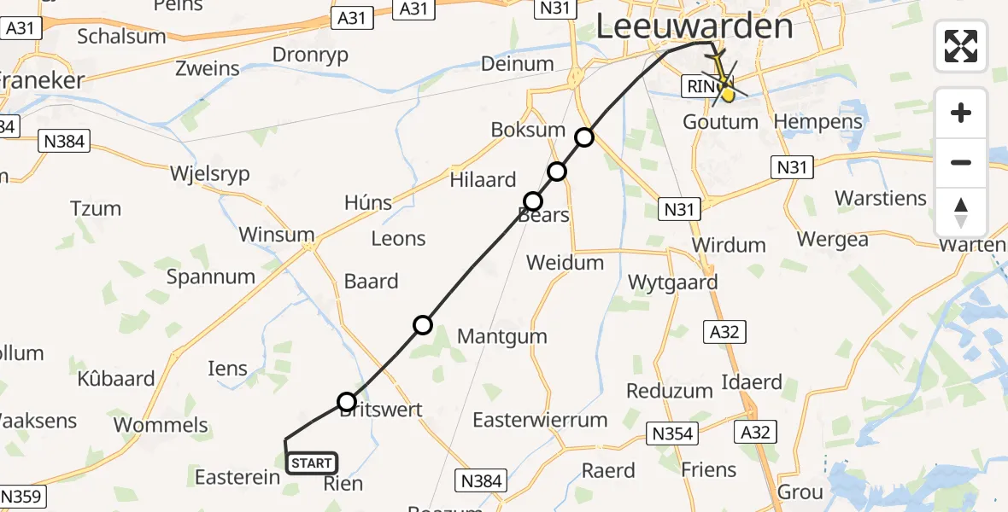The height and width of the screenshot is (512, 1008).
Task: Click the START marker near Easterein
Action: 312,463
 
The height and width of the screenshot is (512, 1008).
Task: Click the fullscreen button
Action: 961,46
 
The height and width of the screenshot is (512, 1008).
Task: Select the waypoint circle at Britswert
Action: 347,402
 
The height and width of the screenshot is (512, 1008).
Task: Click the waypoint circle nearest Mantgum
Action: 423,324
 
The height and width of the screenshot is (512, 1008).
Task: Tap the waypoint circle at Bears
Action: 533,201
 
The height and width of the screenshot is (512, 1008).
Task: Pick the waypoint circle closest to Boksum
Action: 584,137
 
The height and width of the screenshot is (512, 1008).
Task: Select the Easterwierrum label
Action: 540,420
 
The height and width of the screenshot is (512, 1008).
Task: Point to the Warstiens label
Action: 880,198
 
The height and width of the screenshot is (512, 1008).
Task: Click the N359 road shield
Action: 23,497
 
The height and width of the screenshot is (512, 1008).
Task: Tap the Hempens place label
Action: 818,122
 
